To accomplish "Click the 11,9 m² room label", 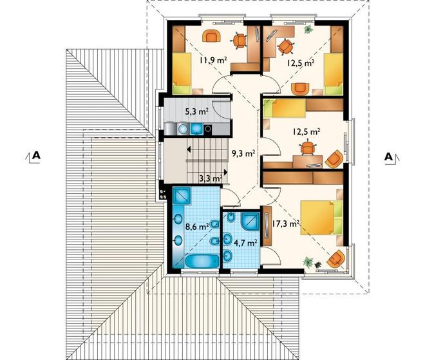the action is [x=213, y=60].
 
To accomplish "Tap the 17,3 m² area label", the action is [x=285, y=224].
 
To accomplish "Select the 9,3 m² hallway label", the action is [x=243, y=153].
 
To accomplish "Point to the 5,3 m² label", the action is [x=197, y=111].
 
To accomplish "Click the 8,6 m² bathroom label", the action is [x=197, y=226].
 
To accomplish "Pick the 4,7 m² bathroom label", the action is [x=245, y=243].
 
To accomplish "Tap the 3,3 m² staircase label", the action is [x=211, y=178].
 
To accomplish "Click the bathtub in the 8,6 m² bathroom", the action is [x=202, y=261].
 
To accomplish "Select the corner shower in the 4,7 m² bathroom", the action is [x=250, y=221].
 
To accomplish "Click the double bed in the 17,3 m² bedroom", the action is [x=321, y=217].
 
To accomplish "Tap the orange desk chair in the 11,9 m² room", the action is [x=239, y=41].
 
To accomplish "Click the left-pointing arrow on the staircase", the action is [x=189, y=149].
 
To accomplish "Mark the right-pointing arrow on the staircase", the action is [x=225, y=172].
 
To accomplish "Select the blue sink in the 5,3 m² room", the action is [x=196, y=129].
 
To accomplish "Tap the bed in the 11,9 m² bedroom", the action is [x=182, y=73].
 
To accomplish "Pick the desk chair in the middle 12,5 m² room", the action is [x=307, y=147].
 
